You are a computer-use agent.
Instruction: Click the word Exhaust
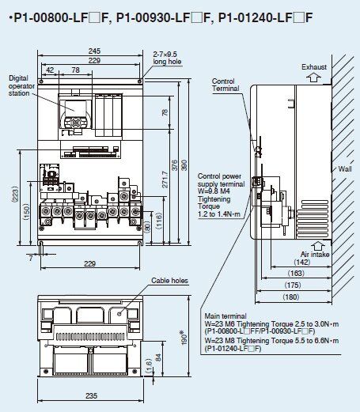[x=314, y=67]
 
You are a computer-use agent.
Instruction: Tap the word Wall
[x=345, y=168]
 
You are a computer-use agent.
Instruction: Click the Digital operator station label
[x=21, y=85]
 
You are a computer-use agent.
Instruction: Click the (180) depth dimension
[x=291, y=297]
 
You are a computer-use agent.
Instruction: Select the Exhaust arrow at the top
[x=314, y=78]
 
